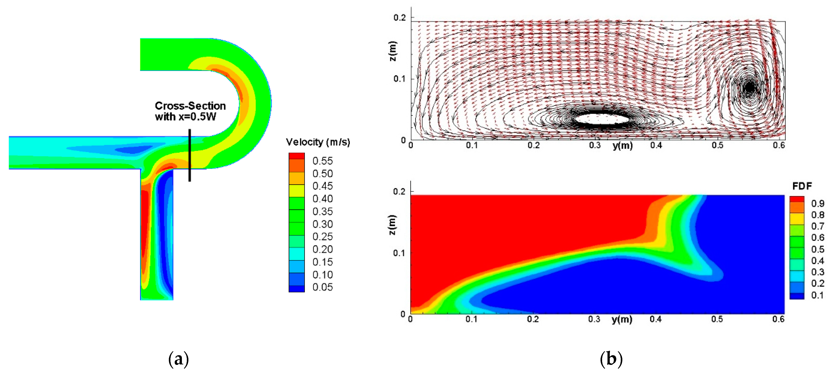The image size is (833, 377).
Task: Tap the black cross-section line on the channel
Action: coord(190,155)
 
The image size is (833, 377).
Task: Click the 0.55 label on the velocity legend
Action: coord(322,161)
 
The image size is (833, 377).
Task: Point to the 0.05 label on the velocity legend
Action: coord(322,287)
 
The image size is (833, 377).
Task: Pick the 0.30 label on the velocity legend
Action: coord(322,224)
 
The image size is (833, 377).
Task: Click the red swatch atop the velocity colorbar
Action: coord(297,156)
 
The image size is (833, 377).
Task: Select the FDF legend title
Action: coord(802,186)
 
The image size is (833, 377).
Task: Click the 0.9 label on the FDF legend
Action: coord(817,203)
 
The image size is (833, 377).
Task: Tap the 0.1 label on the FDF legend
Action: coord(817,295)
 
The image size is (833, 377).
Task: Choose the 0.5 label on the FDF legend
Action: coord(817,249)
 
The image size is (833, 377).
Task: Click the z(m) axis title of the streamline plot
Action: coord(392,51)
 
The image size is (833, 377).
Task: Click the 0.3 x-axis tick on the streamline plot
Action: coord(595,145)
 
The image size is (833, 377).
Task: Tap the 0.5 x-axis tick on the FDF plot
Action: coord(717,319)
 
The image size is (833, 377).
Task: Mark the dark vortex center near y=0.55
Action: coord(749,87)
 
